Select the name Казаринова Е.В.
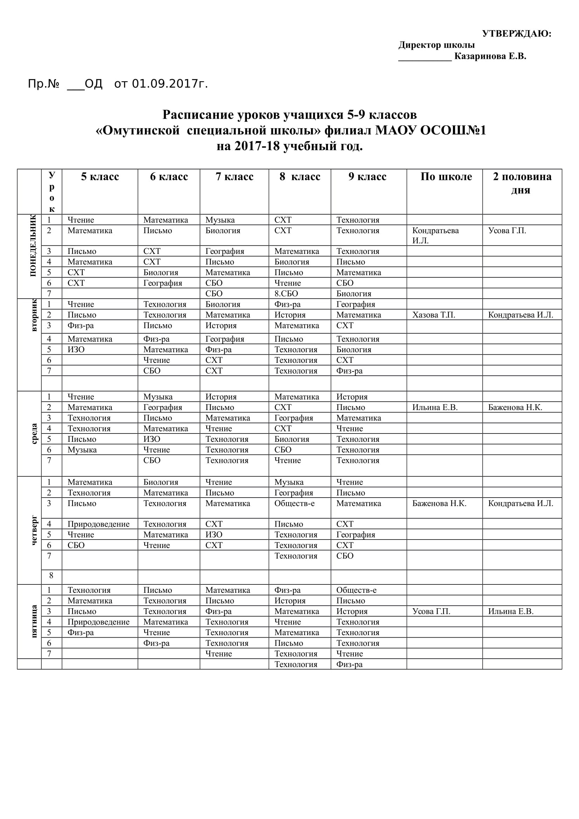[490, 56]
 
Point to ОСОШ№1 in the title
[453, 130]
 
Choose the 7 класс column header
[234, 176]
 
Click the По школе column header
[446, 176]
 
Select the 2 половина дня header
[522, 183]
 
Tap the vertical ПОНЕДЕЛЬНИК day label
[33, 245]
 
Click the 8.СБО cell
[286, 293]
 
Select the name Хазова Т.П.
[433, 315]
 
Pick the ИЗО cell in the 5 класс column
[76, 349]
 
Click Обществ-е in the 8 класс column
[294, 503]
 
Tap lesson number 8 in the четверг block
[51, 575]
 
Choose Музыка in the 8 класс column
[289, 482]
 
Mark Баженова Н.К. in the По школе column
[439, 503]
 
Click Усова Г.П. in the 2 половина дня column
[507, 230]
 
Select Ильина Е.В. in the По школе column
[435, 407]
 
